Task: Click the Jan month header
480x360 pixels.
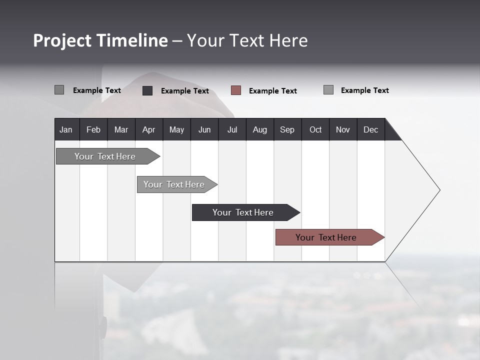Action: click(66, 129)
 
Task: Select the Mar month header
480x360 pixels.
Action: click(121, 129)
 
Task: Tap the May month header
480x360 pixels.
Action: click(176, 129)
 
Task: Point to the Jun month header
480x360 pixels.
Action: click(204, 129)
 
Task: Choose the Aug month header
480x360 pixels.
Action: click(259, 129)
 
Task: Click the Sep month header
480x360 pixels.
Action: click(287, 129)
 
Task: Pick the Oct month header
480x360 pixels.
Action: click(315, 129)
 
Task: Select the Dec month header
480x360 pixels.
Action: click(370, 129)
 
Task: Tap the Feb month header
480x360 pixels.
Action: click(93, 129)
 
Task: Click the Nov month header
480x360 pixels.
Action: click(343, 129)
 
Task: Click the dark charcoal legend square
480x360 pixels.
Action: click(147, 90)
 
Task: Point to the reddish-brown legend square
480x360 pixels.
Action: click(236, 90)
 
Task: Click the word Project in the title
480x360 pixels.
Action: click(62, 40)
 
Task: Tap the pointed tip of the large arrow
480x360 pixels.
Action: click(438, 190)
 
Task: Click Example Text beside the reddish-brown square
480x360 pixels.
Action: click(272, 91)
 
